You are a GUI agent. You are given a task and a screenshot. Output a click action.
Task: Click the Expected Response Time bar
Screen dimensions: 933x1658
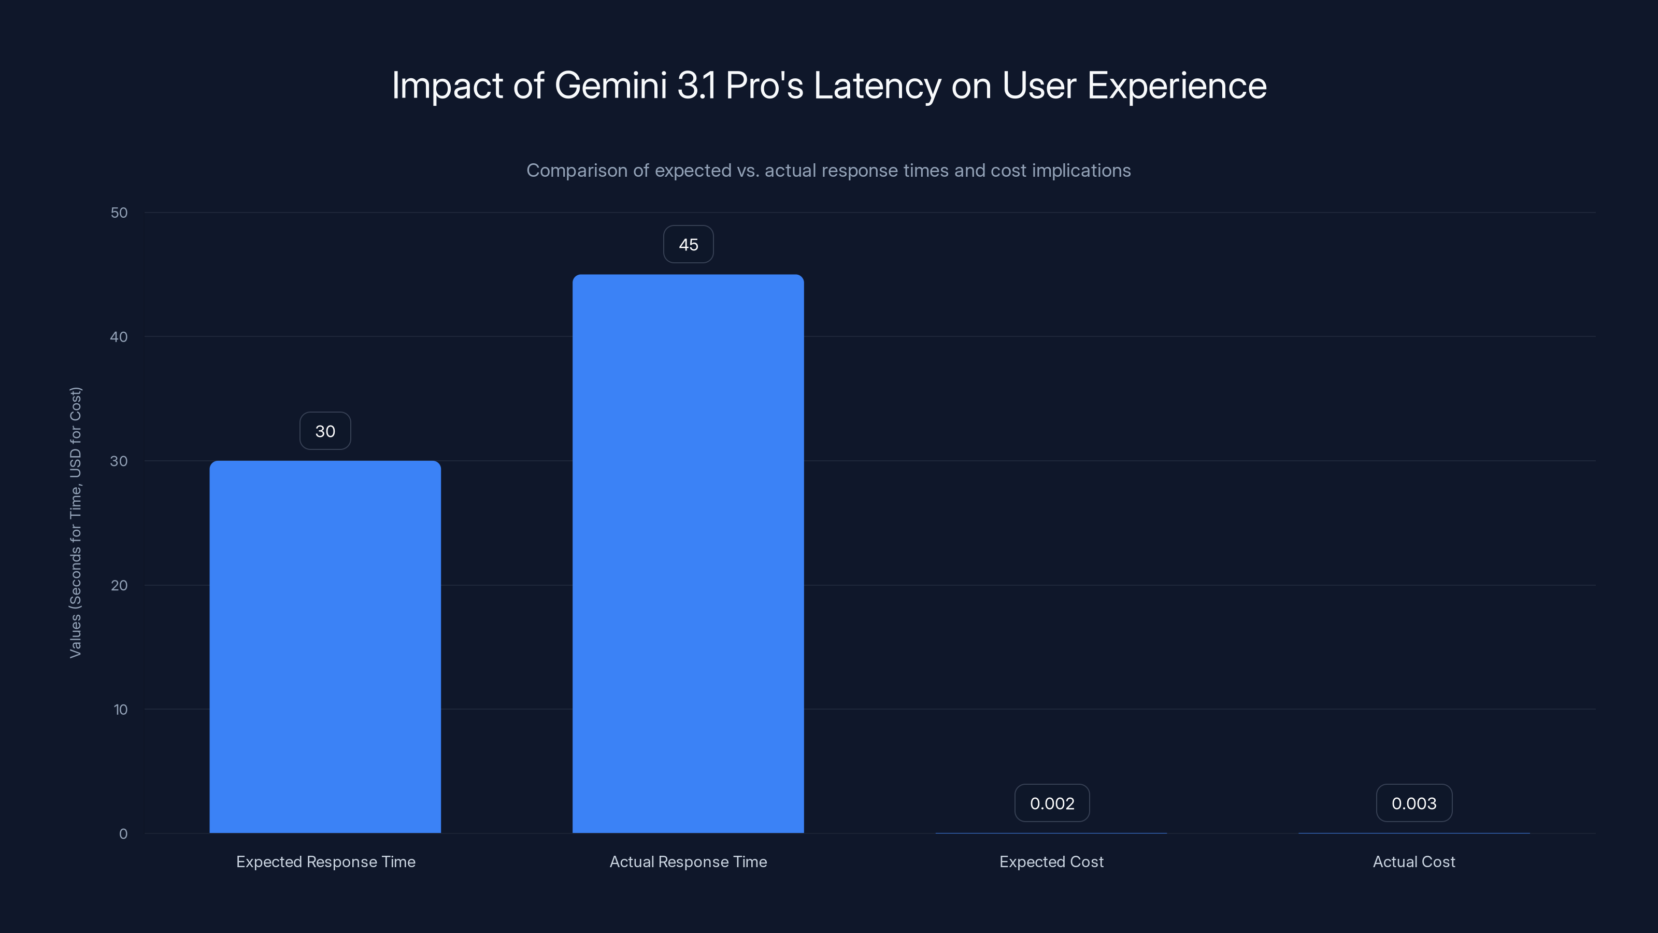pyautogui.click(x=325, y=646)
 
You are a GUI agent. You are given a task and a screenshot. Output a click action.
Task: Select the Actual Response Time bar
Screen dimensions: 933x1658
pyautogui.click(x=688, y=554)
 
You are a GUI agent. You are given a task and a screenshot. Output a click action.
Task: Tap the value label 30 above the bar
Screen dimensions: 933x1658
pyautogui.click(x=325, y=431)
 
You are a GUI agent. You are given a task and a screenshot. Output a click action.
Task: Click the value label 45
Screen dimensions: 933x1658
pyautogui.click(x=688, y=244)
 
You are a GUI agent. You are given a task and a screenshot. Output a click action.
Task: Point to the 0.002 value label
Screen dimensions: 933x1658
pyautogui.click(x=1052, y=803)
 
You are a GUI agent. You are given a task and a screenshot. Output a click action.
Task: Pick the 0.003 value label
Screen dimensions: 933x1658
pyautogui.click(x=1413, y=803)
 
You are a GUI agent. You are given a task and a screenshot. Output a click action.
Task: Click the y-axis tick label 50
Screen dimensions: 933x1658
pyautogui.click(x=119, y=213)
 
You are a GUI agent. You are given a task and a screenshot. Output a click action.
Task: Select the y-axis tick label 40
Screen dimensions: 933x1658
pyautogui.click(x=119, y=337)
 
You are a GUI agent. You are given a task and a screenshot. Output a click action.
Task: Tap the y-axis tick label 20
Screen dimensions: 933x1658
pyautogui.click(x=119, y=585)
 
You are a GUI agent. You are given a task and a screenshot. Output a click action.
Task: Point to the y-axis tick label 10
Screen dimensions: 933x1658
pyautogui.click(x=120, y=710)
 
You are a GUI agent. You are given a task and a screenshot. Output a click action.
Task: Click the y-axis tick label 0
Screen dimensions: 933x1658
pyautogui.click(x=123, y=834)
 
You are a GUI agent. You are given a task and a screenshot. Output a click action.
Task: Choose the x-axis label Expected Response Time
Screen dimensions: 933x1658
pyautogui.click(x=326, y=861)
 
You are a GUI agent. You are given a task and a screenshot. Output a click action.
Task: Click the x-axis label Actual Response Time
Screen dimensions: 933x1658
pyautogui.click(x=688, y=861)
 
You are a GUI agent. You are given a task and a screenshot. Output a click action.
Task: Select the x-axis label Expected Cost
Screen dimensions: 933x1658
pyautogui.click(x=1051, y=861)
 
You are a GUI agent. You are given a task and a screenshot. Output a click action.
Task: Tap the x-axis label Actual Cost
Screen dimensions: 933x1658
pyautogui.click(x=1413, y=861)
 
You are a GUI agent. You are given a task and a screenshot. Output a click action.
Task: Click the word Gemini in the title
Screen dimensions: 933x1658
pyautogui.click(x=610, y=86)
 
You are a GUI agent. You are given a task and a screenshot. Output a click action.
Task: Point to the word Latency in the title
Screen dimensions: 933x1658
pyautogui.click(x=877, y=86)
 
